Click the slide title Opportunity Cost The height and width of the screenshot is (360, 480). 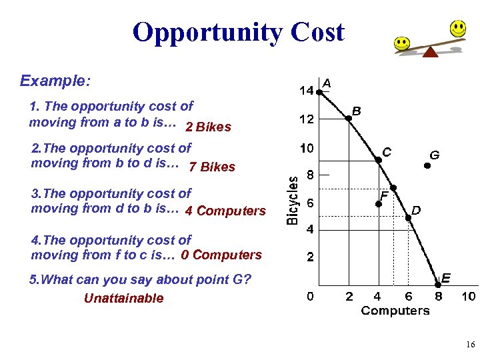pyautogui.click(x=239, y=32)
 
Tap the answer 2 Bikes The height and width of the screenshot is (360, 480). pyautogui.click(x=208, y=127)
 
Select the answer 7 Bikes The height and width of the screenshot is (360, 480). pyautogui.click(x=212, y=167)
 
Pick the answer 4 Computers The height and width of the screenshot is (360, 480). pyautogui.click(x=225, y=211)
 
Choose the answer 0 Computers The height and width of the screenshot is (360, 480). pyautogui.click(x=221, y=255)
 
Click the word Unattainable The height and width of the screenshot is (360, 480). pyautogui.click(x=123, y=298)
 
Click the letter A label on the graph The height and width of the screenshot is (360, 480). pyautogui.click(x=327, y=83)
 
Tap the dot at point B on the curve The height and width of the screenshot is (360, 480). pyautogui.click(x=348, y=118)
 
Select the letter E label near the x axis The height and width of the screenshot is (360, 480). pyautogui.click(x=446, y=277)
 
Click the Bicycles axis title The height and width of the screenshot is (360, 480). pyautogui.click(x=293, y=199)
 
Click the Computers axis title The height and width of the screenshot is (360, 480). pyautogui.click(x=395, y=311)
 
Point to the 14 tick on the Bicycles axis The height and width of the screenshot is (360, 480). pyautogui.click(x=306, y=91)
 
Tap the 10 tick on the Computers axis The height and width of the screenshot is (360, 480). pyautogui.click(x=468, y=296)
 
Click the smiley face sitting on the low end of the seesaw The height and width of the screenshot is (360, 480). pyautogui.click(x=401, y=43)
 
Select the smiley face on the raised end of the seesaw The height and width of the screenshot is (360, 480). pyautogui.click(x=457, y=29)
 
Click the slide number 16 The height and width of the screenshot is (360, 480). pyautogui.click(x=470, y=345)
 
